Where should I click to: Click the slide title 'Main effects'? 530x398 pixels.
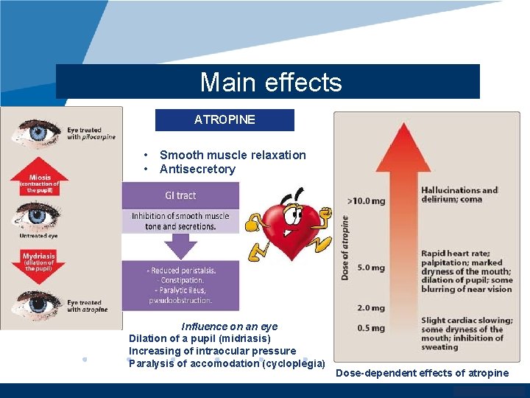click(x=270, y=82)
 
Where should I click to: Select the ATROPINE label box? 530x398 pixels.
click(x=225, y=119)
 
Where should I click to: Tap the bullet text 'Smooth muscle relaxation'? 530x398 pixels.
click(x=233, y=155)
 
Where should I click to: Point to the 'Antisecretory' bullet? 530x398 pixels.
click(x=197, y=169)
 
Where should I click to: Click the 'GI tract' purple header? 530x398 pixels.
click(x=180, y=195)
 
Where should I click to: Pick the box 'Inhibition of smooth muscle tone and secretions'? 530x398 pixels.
click(x=180, y=221)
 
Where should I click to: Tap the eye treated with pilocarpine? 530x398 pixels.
click(x=32, y=133)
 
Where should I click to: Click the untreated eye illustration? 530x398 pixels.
click(x=34, y=217)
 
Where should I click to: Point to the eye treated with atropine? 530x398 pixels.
click(x=34, y=303)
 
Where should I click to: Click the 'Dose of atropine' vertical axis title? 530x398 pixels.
click(x=345, y=247)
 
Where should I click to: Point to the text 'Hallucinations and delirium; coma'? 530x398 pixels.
click(x=459, y=195)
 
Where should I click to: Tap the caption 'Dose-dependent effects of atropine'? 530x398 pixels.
click(x=422, y=373)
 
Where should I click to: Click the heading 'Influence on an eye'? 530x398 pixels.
click(x=230, y=327)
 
